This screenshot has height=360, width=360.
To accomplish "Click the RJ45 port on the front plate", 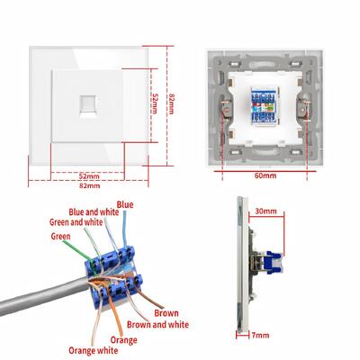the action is [x=88, y=106].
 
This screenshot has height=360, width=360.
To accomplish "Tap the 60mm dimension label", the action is [x=265, y=175].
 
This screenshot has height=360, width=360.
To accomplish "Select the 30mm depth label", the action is [x=265, y=211].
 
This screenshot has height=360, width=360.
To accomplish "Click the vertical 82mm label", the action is [x=171, y=103].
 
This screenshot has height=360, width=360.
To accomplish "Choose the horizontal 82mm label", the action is [x=90, y=185].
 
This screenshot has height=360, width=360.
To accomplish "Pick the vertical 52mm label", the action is [x=154, y=103].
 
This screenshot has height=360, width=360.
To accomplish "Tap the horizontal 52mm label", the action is [x=89, y=176].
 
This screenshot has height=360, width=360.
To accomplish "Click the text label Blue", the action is [x=125, y=205].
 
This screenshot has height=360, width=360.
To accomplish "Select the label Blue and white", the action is [x=94, y=212].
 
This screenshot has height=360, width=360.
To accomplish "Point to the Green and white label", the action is [x=76, y=222].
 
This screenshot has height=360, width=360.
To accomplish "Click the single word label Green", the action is [x=60, y=237].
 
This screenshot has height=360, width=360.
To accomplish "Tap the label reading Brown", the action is [x=166, y=313].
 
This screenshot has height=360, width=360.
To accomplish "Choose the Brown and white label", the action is [x=157, y=324].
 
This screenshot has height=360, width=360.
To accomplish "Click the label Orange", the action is [x=123, y=340].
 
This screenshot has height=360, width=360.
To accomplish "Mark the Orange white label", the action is [x=94, y=350].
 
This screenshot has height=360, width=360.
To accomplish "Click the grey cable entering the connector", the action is [x=45, y=295].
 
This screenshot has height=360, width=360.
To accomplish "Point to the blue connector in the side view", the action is [x=274, y=263].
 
